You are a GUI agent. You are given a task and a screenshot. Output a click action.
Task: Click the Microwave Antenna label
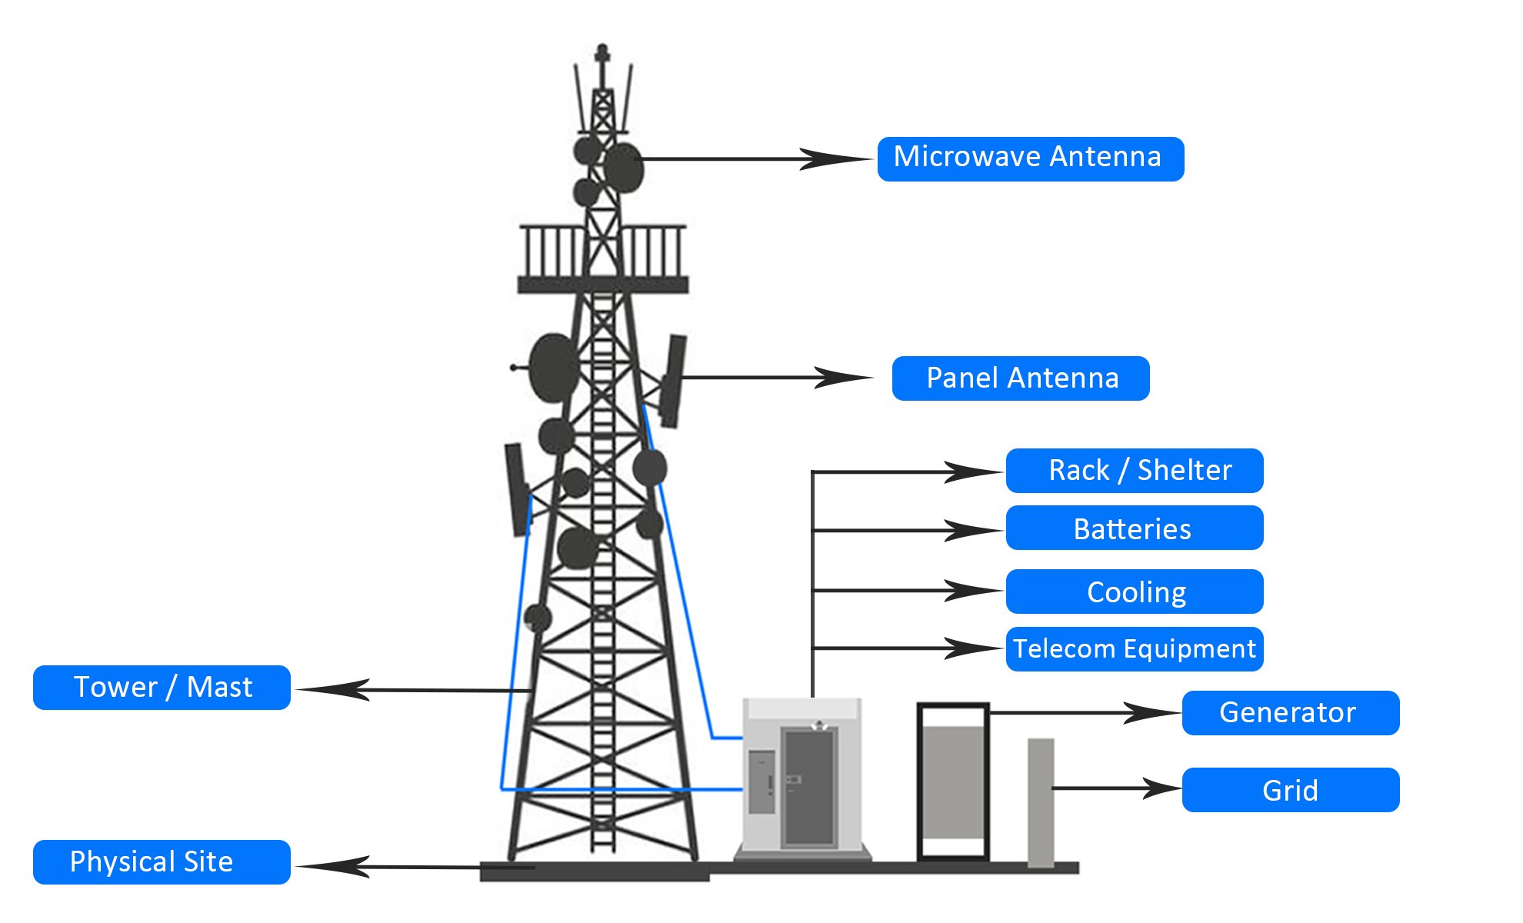click(1030, 158)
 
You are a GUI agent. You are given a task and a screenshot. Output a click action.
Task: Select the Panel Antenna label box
click(1020, 378)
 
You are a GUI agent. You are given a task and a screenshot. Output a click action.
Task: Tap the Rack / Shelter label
click(1134, 470)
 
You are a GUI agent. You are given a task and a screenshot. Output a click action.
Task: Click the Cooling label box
click(1134, 591)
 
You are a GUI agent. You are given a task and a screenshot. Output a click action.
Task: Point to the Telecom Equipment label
click(1134, 648)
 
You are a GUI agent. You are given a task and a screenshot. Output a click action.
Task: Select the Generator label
click(1290, 712)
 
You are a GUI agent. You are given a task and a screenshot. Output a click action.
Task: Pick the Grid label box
click(1290, 789)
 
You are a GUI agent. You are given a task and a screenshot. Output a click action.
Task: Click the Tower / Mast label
click(162, 687)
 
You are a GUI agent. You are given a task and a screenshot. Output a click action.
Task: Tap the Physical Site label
click(162, 861)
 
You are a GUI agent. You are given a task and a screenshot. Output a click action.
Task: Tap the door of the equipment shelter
click(808, 786)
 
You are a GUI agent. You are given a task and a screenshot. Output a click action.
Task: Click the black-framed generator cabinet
click(952, 781)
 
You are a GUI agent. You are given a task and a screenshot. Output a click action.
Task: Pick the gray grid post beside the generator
click(1041, 801)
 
